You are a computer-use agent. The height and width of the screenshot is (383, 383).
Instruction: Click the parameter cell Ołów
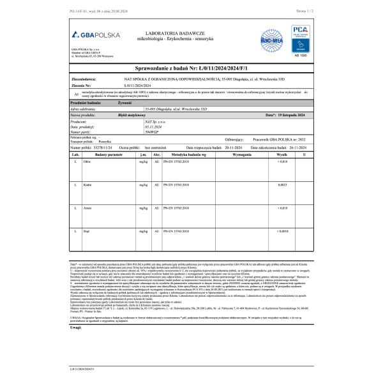[x=87, y=162]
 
